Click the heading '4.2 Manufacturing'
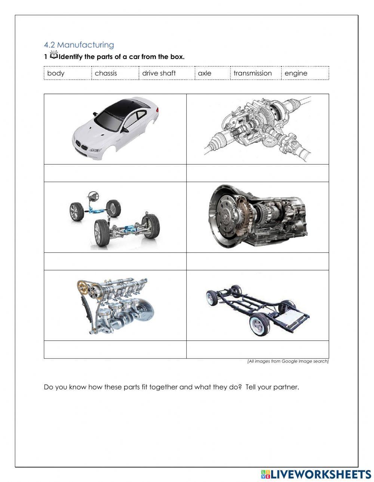click(79, 45)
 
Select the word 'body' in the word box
click(56, 73)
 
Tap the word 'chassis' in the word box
click(106, 73)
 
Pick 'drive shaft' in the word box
click(159, 73)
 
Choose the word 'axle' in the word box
click(205, 73)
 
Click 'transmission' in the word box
click(252, 73)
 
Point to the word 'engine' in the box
click(296, 73)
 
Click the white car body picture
click(115, 125)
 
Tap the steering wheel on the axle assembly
click(92, 196)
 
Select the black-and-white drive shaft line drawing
click(257, 129)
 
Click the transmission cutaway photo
click(257, 217)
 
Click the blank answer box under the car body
click(115, 173)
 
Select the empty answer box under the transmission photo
click(257, 261)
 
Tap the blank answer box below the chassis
click(257, 349)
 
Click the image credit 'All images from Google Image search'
click(288, 361)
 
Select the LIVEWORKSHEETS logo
click(316, 474)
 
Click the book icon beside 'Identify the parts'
click(54, 56)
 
